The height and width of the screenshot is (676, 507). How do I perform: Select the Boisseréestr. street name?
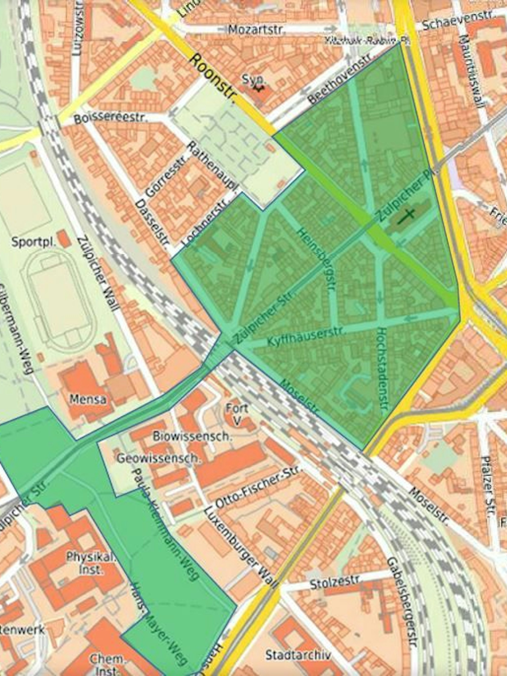(x=111, y=118)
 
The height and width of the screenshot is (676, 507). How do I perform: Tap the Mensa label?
(x=88, y=399)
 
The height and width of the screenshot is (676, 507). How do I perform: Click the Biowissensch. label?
(x=195, y=437)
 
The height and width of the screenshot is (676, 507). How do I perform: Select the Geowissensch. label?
(x=158, y=459)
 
